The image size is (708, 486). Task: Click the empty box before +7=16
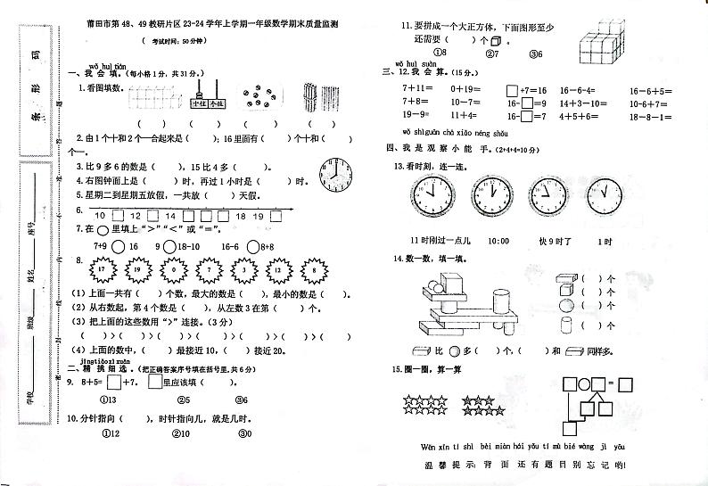(x=512, y=90)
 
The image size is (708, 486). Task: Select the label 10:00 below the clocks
(x=498, y=241)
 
